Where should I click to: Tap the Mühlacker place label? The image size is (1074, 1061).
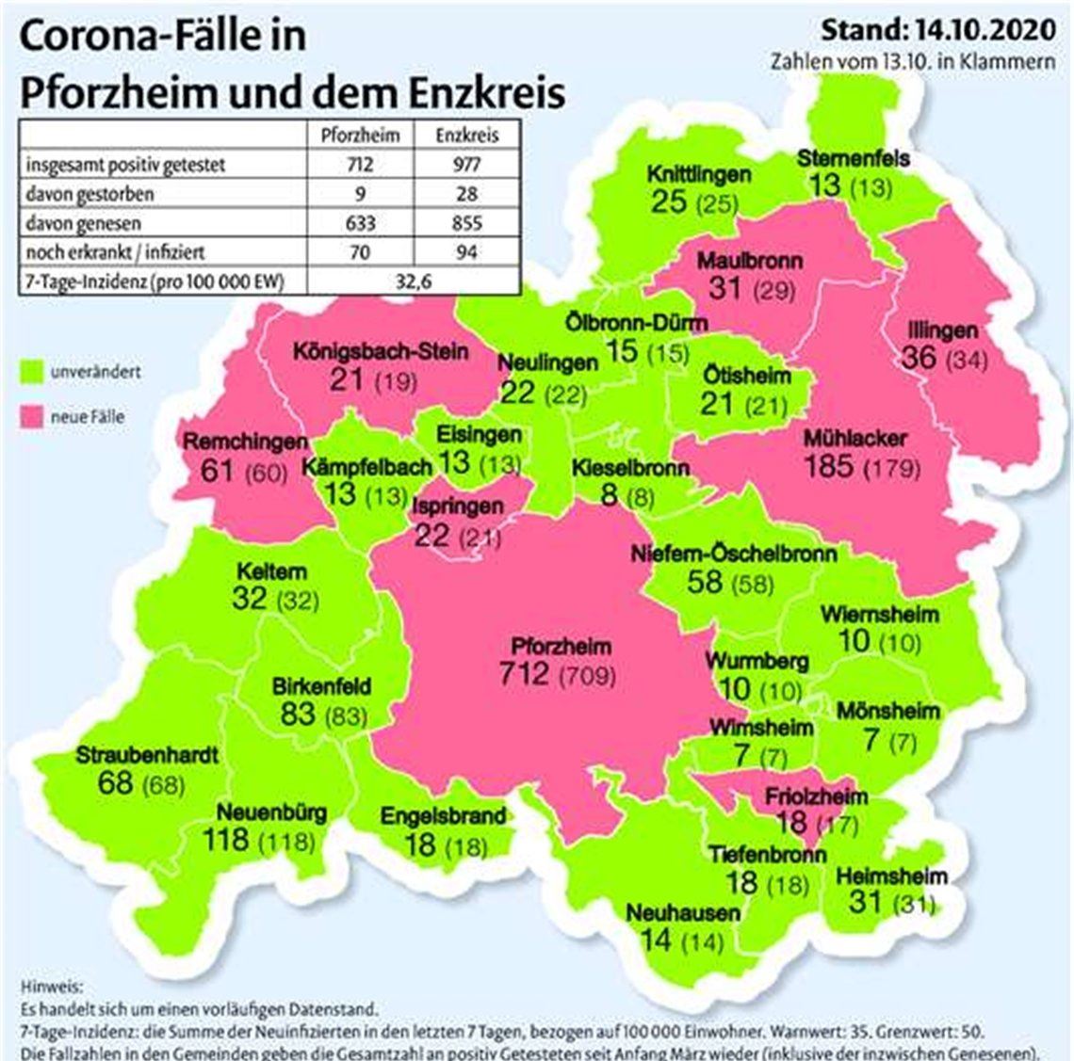pyautogui.click(x=855, y=438)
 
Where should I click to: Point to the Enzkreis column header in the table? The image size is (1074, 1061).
pyautogui.click(x=466, y=135)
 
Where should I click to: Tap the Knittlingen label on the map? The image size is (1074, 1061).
pyautogui.click(x=698, y=174)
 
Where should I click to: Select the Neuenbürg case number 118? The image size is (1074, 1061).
pyautogui.click(x=227, y=838)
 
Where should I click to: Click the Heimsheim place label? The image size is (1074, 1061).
pyautogui.click(x=891, y=876)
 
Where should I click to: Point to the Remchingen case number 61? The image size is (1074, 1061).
pyautogui.click(x=217, y=468)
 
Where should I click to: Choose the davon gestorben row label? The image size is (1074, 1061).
pyautogui.click(x=89, y=194)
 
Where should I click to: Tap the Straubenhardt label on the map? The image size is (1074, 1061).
pyautogui.click(x=147, y=755)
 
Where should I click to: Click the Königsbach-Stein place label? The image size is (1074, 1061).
pyautogui.click(x=380, y=352)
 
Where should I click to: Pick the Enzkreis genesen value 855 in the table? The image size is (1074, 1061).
pyautogui.click(x=466, y=223)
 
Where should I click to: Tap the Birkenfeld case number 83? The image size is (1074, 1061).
pyautogui.click(x=297, y=713)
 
